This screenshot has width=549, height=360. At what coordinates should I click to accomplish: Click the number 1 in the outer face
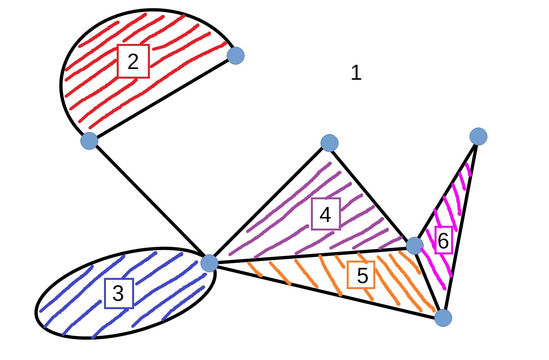pyautogui.click(x=356, y=72)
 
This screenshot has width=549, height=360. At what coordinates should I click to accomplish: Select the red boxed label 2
pyautogui.click(x=133, y=61)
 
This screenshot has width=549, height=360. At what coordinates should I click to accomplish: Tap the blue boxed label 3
pyautogui.click(x=119, y=293)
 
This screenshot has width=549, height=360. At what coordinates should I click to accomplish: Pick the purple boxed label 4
pyautogui.click(x=326, y=214)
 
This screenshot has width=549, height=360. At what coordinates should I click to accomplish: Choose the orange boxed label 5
pyautogui.click(x=361, y=275)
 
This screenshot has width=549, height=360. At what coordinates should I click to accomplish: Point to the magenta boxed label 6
pyautogui.click(x=443, y=240)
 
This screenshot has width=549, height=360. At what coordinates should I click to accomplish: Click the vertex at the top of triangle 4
pyautogui.click(x=329, y=143)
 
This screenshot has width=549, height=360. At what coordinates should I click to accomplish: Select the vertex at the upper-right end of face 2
pyautogui.click(x=235, y=56)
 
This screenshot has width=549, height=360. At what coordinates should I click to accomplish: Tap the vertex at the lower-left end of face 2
pyautogui.click(x=89, y=141)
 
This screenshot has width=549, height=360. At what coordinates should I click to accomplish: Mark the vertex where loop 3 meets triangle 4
pyautogui.click(x=209, y=263)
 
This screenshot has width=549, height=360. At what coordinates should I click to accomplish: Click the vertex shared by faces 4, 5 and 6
pyautogui.click(x=415, y=246)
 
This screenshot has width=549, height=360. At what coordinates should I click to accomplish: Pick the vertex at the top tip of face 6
pyautogui.click(x=478, y=136)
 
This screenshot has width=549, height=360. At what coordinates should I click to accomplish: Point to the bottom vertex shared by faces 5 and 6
pyautogui.click(x=443, y=318)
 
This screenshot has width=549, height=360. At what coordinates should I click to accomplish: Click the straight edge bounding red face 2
pyautogui.click(x=162, y=98)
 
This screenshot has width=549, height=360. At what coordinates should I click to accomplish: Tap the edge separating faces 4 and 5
pyautogui.click(x=308, y=255)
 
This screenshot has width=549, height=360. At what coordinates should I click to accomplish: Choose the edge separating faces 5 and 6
pyautogui.click(x=429, y=281)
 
